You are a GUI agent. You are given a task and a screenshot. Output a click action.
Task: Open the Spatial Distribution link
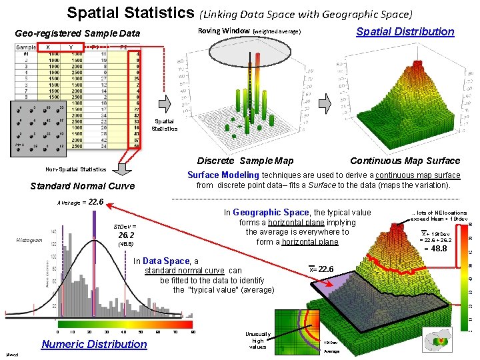coord(405,31)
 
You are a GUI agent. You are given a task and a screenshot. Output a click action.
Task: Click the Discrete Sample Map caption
coord(245,161)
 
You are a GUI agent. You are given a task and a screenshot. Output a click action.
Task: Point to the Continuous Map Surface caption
coord(405,161)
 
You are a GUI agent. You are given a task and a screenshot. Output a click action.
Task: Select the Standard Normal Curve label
coord(83,186)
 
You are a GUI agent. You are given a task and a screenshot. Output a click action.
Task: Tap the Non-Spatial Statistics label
coord(75,169)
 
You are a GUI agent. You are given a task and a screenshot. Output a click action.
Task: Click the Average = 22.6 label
coord(80,202)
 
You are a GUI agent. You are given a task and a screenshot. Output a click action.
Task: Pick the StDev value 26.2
coord(126,235)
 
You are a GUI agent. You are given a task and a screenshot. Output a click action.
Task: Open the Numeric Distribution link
coord(94,344)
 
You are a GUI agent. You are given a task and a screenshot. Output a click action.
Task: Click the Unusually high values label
coord(258,340)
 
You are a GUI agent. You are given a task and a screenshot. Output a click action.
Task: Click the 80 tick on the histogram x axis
coord(193,331)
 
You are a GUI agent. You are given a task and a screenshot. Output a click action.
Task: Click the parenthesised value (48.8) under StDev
coord(125,245)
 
